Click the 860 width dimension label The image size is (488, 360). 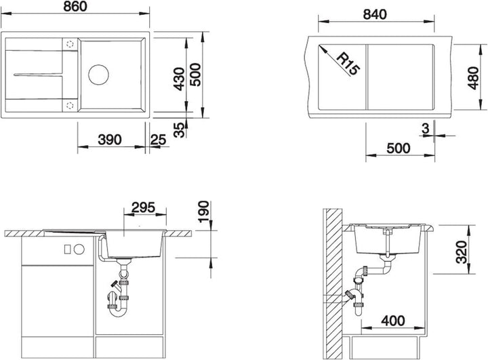75,7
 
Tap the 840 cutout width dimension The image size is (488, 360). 375,14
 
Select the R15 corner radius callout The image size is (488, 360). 348,64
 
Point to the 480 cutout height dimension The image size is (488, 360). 473,78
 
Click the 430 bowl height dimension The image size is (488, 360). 179,79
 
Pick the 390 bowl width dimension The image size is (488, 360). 110,140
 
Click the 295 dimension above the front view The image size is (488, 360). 143,207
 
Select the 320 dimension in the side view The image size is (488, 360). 462,252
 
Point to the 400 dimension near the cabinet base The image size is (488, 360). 393,321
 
